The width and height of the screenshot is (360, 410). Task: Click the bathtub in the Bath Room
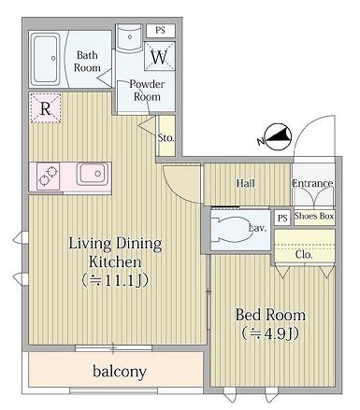46,59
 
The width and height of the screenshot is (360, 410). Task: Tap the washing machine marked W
160,58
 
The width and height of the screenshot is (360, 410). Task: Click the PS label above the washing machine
161,30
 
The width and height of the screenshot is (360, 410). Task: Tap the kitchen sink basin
92,175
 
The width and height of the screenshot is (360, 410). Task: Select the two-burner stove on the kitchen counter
48,175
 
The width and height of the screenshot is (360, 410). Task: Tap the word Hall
245,183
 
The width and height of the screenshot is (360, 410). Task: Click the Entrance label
313,183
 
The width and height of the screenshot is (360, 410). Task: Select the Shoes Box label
313,216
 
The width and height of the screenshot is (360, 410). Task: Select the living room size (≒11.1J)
115,279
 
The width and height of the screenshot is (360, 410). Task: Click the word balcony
119,372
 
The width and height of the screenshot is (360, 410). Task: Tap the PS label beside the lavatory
282,217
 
